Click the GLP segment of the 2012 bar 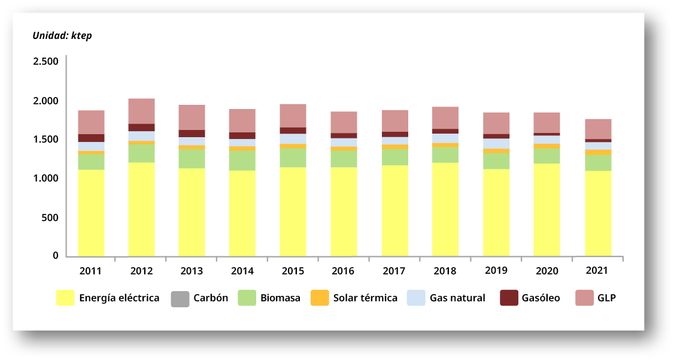tap(141, 111)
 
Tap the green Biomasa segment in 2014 tap(242, 161)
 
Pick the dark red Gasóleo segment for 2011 tap(91, 138)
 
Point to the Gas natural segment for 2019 tap(496, 144)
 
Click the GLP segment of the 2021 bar tap(598, 129)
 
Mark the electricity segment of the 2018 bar tap(445, 209)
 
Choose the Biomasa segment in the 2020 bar tap(547, 156)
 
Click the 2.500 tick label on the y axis tap(45, 62)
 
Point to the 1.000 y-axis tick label tap(45, 179)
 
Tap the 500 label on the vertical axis tap(50, 217)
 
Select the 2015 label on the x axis tap(293, 271)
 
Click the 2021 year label tap(597, 270)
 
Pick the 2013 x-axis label tap(192, 271)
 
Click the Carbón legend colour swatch tap(179, 298)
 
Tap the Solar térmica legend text tap(365, 298)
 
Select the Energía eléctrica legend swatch tap(65, 298)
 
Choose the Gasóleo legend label tap(541, 298)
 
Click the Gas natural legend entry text tap(457, 298)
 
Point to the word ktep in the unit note tap(81, 35)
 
